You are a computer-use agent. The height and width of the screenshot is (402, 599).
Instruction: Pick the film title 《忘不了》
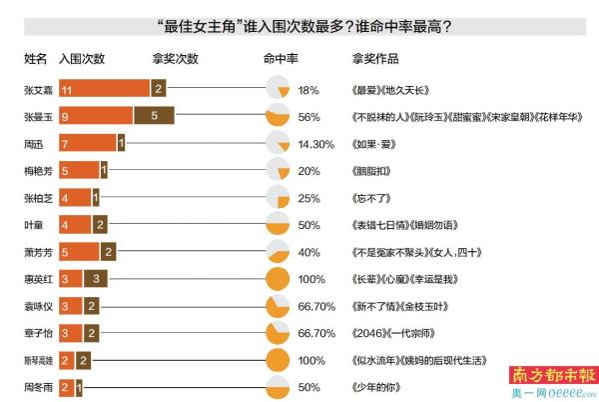(x=374, y=197)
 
